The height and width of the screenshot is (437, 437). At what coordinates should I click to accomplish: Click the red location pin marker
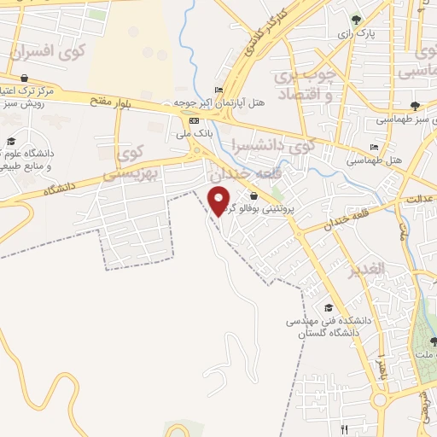220,200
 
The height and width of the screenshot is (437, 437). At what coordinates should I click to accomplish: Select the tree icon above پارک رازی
357,19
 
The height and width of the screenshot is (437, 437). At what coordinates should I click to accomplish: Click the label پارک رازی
357,33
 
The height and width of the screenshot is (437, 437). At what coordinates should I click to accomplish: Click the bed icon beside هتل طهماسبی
375,148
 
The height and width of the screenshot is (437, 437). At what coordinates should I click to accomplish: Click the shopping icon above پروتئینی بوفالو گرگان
253,195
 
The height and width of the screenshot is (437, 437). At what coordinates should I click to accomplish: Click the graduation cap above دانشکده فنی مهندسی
329,307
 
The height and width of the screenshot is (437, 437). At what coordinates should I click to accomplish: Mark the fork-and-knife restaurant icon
344,428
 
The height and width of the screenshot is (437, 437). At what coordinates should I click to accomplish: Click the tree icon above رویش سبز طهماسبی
414,106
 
